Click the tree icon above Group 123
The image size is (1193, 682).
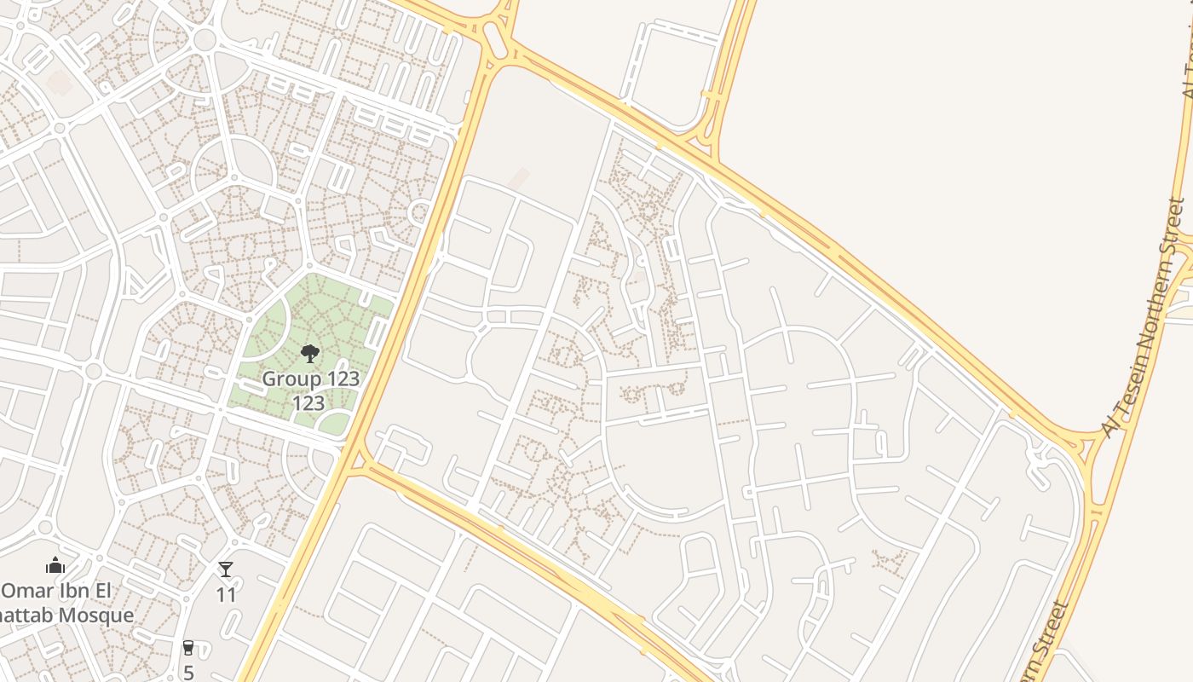310,354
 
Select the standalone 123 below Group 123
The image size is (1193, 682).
308,402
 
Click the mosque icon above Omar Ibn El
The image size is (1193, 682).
55,565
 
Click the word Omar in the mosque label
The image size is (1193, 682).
26,591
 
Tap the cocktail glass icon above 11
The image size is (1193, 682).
226,569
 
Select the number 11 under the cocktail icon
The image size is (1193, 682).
226,594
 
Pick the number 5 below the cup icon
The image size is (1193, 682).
188,672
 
